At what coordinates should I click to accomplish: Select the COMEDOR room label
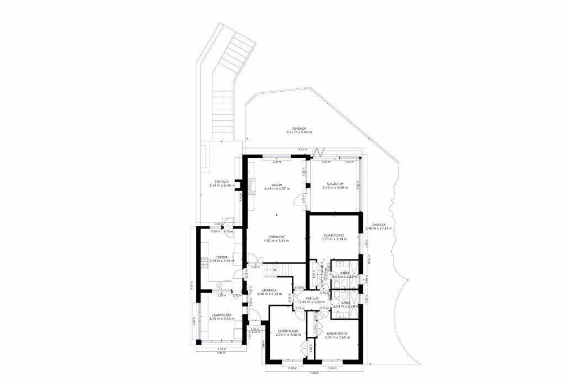(x=276, y=238)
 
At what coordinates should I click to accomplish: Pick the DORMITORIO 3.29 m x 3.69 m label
(x=337, y=335)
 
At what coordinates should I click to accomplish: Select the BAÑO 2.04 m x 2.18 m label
(x=346, y=304)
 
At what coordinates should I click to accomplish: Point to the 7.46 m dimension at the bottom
(x=314, y=373)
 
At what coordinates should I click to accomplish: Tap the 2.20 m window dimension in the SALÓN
(x=276, y=162)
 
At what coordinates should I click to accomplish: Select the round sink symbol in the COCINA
(x=220, y=285)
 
